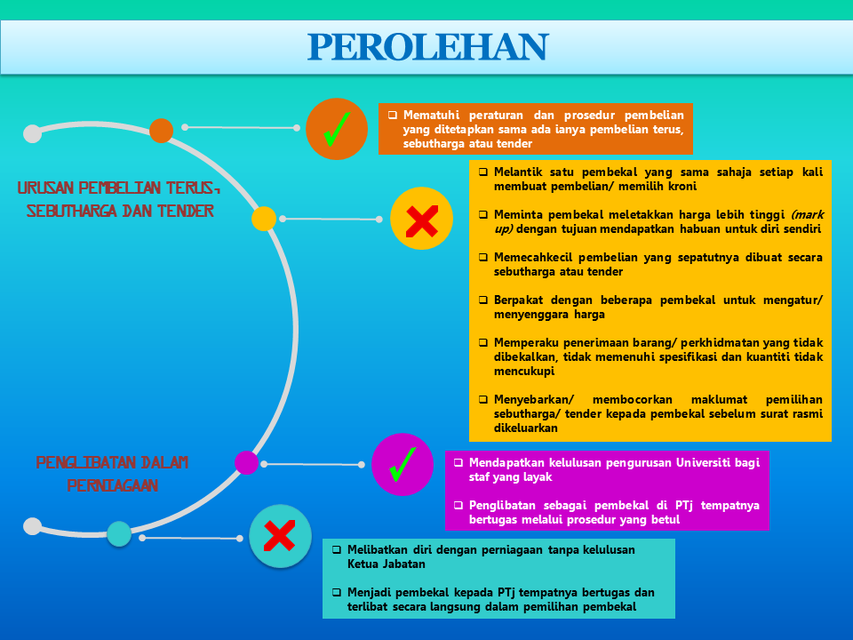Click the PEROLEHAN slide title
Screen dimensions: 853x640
pyautogui.click(x=428, y=47)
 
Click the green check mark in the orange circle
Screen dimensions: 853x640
pyautogui.click(x=336, y=129)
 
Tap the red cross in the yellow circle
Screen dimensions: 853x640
pyautogui.click(x=421, y=221)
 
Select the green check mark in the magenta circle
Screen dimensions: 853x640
pyautogui.click(x=403, y=464)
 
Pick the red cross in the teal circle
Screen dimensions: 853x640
pyautogui.click(x=280, y=535)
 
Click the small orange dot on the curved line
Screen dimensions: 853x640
pyautogui.click(x=161, y=131)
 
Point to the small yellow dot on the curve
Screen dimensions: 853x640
pyautogui.click(x=264, y=219)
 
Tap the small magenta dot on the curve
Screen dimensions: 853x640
pyautogui.click(x=246, y=462)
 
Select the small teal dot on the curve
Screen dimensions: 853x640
pyautogui.click(x=119, y=534)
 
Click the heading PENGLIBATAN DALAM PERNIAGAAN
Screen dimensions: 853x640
pyautogui.click(x=112, y=474)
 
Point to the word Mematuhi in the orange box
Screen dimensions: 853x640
pyautogui.click(x=432, y=116)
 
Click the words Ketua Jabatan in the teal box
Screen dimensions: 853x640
pyautogui.click(x=387, y=564)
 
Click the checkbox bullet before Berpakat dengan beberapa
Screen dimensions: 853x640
pyautogui.click(x=483, y=300)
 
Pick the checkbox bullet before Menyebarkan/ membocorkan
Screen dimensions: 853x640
pyautogui.click(x=483, y=399)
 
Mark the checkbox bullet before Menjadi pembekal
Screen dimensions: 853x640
pyautogui.click(x=337, y=592)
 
